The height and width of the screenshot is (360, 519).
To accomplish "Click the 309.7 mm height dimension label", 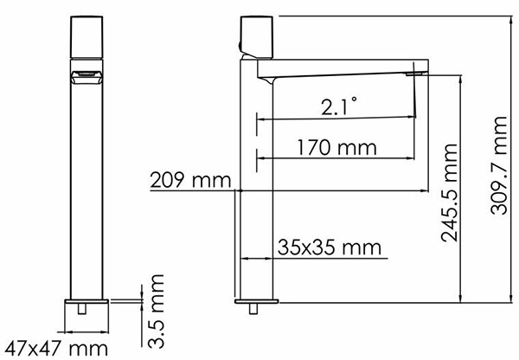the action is point(499,165).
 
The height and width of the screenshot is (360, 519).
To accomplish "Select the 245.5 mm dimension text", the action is point(450,193).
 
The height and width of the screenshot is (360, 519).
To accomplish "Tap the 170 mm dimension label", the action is point(337,147).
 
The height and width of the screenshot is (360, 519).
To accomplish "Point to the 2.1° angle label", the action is point(339,106).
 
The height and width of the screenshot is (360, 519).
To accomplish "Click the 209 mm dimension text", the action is point(190,181).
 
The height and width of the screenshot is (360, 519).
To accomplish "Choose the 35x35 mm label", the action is point(330,247).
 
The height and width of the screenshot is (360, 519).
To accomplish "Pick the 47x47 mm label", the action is point(56,349).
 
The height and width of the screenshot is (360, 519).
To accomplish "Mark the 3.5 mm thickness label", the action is point(156,312).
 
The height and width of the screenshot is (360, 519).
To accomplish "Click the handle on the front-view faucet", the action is point(86,37).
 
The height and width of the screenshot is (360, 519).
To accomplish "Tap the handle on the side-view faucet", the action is point(257,36).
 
